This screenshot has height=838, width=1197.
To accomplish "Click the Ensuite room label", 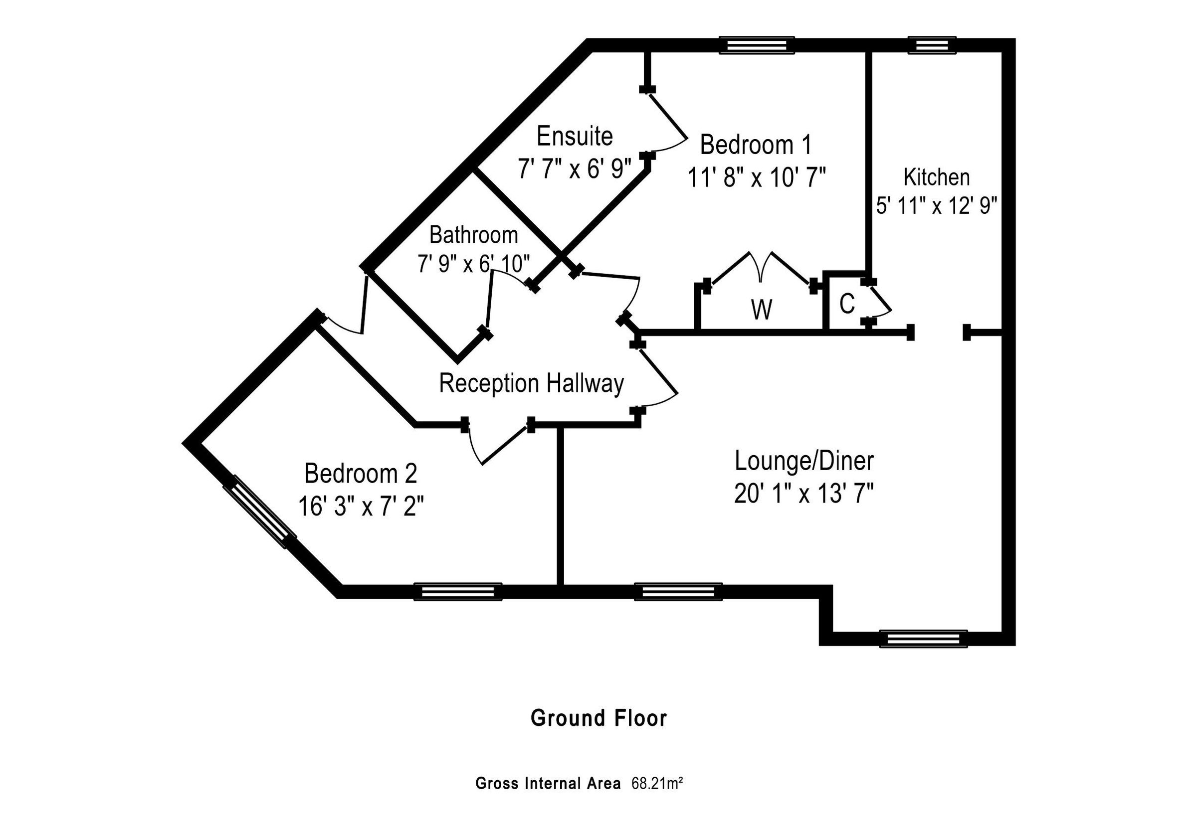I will pos(575,137).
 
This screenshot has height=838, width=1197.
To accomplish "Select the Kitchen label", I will pos(936,177).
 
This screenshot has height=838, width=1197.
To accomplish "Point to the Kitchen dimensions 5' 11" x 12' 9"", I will pos(936,207).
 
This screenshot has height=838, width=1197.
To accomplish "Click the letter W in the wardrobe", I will pos(761,311).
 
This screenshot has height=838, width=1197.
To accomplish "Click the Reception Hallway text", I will pos(531,383).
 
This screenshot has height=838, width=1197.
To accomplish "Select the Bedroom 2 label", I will pos(361,474).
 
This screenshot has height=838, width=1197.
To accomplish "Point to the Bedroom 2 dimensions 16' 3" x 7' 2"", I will pos(361,506).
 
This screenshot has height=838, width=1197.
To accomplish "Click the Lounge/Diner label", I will pos(804,461).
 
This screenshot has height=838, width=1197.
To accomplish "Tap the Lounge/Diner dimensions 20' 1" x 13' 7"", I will pos(804,494).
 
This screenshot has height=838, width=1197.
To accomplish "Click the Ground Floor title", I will pos(598,718).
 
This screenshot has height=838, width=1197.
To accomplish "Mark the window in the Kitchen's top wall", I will pos(932,45).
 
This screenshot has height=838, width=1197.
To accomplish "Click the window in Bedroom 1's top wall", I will pos(757,45).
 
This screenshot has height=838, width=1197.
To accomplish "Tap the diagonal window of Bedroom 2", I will pos(260,512).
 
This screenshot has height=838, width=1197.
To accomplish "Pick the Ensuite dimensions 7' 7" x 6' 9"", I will pos(575,169).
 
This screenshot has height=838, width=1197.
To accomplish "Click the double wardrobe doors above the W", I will pos(761,268).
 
